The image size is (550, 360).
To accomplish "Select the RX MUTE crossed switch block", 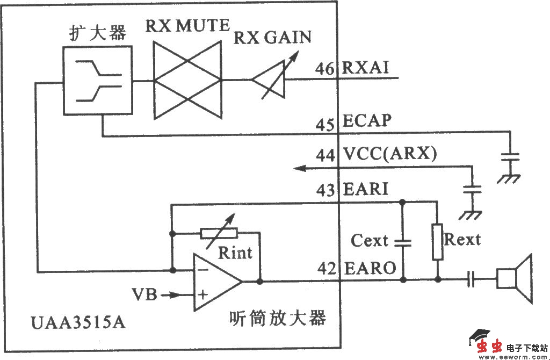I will (x=187, y=81).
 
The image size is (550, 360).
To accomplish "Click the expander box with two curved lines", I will (x=97, y=81).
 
